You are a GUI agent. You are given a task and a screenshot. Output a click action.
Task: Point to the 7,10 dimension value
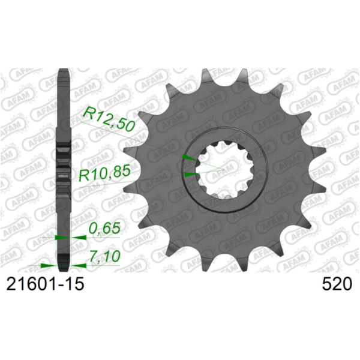[104, 256]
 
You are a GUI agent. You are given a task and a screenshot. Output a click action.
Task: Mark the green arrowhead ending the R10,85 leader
[190, 174]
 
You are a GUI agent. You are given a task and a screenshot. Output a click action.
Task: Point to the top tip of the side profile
[64, 72]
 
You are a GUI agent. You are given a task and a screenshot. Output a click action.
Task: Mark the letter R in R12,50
[88, 113]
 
